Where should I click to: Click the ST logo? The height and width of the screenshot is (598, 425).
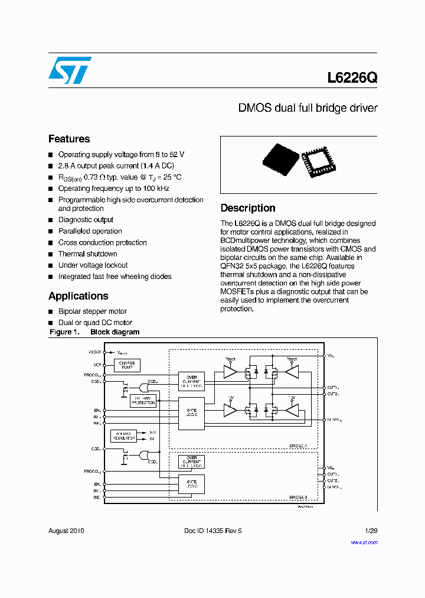tap(70, 70)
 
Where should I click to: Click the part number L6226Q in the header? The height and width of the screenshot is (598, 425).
tap(352, 78)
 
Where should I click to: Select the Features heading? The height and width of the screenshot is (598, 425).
tap(69, 139)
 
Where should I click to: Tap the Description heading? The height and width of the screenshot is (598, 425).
tap(248, 208)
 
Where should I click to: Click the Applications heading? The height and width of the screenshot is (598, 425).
tap(78, 296)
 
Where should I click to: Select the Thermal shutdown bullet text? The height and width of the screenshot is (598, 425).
tap(87, 254)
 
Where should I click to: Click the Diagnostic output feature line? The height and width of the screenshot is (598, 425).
tap(86, 220)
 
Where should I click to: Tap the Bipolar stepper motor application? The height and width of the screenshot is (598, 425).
tap(92, 311)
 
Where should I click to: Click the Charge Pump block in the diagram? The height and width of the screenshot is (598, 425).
tap(126, 365)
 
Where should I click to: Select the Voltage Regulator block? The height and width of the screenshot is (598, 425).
tap(123, 436)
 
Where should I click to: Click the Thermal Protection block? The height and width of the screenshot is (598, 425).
tap(143, 401)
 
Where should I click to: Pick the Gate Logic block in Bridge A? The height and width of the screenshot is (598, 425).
tap(191, 411)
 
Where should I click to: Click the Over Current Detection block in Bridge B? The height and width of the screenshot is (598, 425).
tap(191, 461)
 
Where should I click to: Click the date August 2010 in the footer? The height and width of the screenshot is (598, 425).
tap(66, 531)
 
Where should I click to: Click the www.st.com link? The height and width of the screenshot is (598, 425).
tap(364, 542)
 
